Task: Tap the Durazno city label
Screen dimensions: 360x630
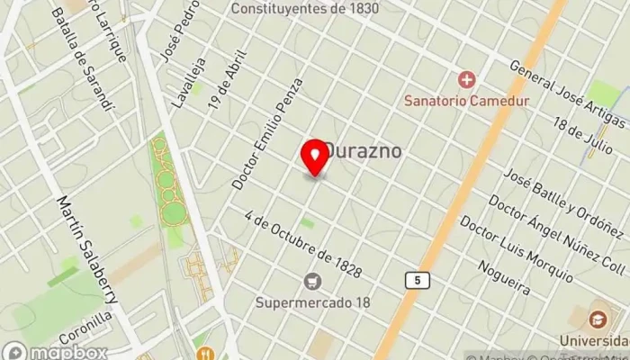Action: tap(363, 152)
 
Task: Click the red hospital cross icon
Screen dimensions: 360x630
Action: tap(465, 80)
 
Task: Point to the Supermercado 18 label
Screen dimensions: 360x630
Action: tap(312, 302)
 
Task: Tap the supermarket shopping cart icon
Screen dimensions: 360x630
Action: tap(312, 282)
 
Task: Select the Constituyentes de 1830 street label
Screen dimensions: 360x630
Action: tap(304, 8)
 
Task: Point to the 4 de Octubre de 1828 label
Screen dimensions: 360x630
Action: tap(302, 244)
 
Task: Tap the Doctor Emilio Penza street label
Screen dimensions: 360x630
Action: tap(267, 133)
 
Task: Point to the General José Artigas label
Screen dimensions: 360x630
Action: tap(567, 93)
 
